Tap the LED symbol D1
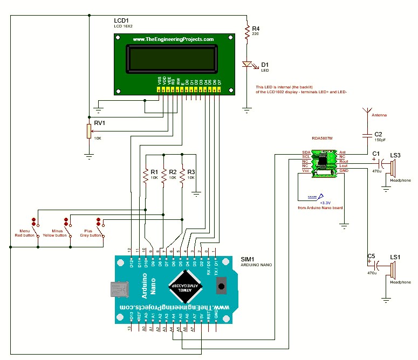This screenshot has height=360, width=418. tap(247, 65)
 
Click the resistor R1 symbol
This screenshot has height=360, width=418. tap(145, 175)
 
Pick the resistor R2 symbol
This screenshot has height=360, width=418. tap(164, 175)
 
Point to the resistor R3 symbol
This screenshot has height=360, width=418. tap(183, 175)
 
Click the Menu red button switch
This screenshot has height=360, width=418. tap(37, 222)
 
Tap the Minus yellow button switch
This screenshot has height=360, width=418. tap(68, 222)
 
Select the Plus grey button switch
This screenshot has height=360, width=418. tap(101, 222)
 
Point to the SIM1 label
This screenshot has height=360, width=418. tap(250, 259)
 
